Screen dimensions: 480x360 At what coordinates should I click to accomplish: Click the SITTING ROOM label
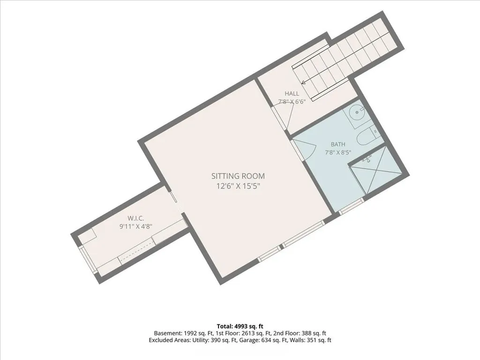coord(238,176)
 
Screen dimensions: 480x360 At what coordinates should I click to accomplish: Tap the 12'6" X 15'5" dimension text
coord(238,186)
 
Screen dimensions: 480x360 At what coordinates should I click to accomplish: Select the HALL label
coord(292,94)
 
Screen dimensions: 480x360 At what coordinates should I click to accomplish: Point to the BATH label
coord(338,144)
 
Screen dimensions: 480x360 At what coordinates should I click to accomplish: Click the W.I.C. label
coord(135,218)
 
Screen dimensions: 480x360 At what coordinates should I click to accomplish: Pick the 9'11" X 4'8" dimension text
coord(135,226)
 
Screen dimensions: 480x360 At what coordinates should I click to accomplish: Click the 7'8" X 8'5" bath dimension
coord(338,152)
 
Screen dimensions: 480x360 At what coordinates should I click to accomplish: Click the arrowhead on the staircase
coord(304,82)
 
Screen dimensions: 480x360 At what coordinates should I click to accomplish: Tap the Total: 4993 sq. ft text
coord(240,326)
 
